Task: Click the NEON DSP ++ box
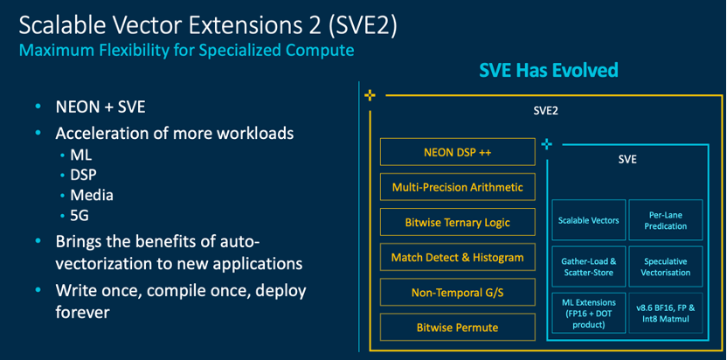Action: tap(458, 152)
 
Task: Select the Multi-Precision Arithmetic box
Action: tap(458, 187)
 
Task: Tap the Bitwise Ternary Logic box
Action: tap(458, 222)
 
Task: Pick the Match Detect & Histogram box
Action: tap(458, 257)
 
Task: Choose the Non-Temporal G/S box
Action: tap(458, 292)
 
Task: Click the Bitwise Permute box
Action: tap(458, 327)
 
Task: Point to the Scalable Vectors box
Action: tap(589, 220)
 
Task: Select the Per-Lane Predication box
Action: tap(665, 220)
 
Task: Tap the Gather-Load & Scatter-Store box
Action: tap(589, 267)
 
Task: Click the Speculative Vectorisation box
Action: tap(665, 267)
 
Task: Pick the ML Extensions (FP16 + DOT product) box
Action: tap(589, 313)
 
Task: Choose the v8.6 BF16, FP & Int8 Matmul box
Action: tap(665, 313)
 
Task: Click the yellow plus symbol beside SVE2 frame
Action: tap(370, 95)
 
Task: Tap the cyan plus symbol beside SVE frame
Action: tap(547, 144)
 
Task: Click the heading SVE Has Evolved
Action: tap(549, 70)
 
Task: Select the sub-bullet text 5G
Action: tap(79, 216)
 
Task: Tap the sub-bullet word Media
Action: tap(92, 195)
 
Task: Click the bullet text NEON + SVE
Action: tap(100, 107)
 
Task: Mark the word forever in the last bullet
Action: tap(82, 312)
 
